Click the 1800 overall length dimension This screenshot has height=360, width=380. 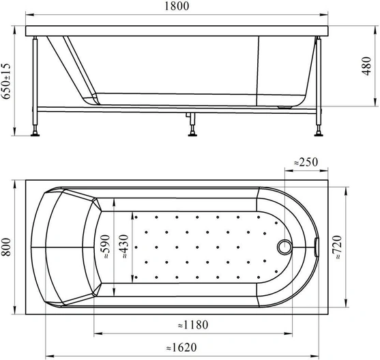(177, 6)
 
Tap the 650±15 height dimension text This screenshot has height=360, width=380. (6, 81)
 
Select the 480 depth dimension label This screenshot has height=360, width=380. (366, 66)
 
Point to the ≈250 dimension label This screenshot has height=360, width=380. (306, 162)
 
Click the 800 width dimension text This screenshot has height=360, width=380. (6, 247)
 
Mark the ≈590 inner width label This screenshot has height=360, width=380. (106, 246)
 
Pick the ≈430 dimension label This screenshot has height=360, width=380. (124, 246)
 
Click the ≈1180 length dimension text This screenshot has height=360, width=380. (193, 325)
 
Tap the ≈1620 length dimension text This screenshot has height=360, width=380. (181, 348)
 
